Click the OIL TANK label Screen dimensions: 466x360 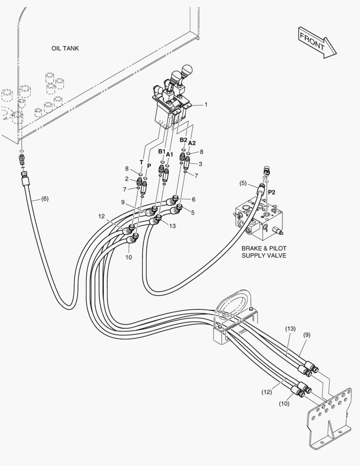tap(65, 48)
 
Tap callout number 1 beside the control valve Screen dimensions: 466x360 tap(206, 104)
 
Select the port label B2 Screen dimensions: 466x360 tap(183, 140)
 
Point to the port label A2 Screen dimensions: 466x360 tap(192, 143)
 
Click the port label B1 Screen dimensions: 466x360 tap(161, 151)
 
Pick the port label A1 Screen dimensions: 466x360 tap(169, 154)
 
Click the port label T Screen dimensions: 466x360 tap(141, 162)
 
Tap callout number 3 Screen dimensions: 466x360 tap(200, 164)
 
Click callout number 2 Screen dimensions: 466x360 tap(127, 179)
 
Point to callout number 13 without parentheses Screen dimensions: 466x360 tap(172, 226)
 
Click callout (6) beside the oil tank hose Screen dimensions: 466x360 tap(45, 199)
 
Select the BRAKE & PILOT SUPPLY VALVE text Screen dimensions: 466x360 tap(263, 252)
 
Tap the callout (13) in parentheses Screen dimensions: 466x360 tap(290, 329)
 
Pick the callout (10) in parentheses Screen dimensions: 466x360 tap(283, 404)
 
